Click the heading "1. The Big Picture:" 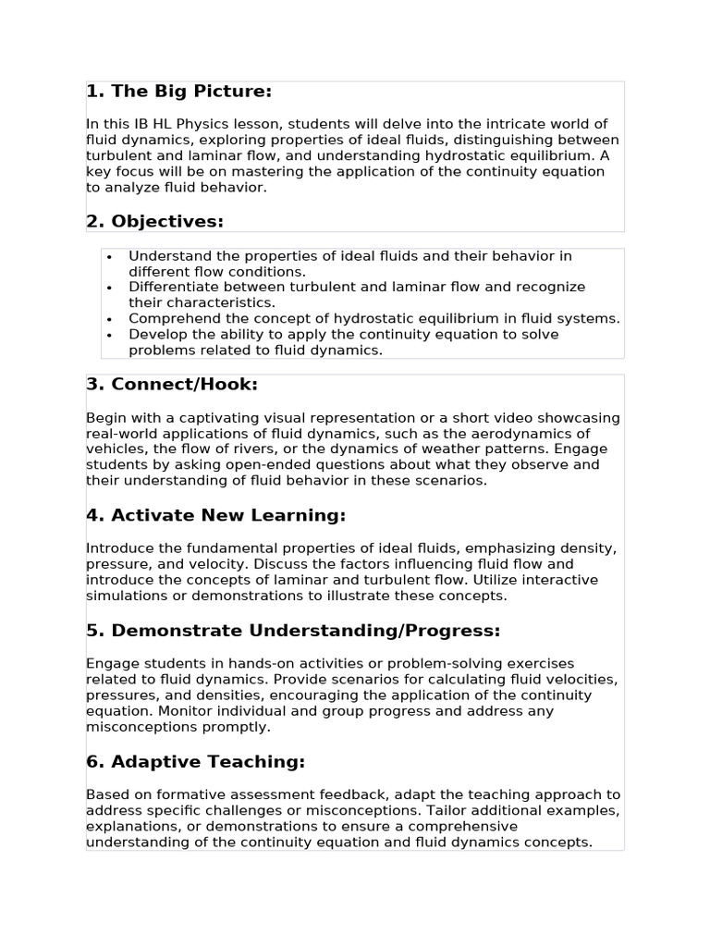tap(178, 91)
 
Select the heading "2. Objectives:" tap(154, 221)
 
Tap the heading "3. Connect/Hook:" tap(171, 384)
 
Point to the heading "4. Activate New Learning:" tap(215, 515)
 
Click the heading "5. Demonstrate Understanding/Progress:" tap(292, 631)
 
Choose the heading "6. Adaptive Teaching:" tap(195, 762)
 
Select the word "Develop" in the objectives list tap(155, 334)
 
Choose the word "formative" tap(188, 794)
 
